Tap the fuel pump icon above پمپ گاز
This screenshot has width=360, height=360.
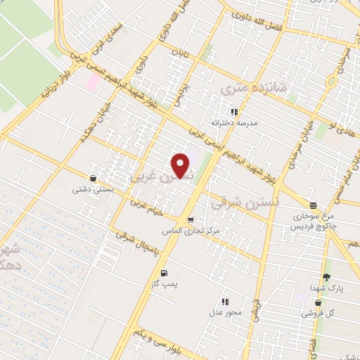(x=165, y=274)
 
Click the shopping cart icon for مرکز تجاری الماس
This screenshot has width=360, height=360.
(x=190, y=220)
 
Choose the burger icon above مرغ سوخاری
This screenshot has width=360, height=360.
(x=303, y=205)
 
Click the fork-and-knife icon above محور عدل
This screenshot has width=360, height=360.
(x=225, y=302)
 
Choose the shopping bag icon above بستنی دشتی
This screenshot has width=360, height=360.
(x=94, y=178)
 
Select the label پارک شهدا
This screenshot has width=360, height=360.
(x=326, y=289)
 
